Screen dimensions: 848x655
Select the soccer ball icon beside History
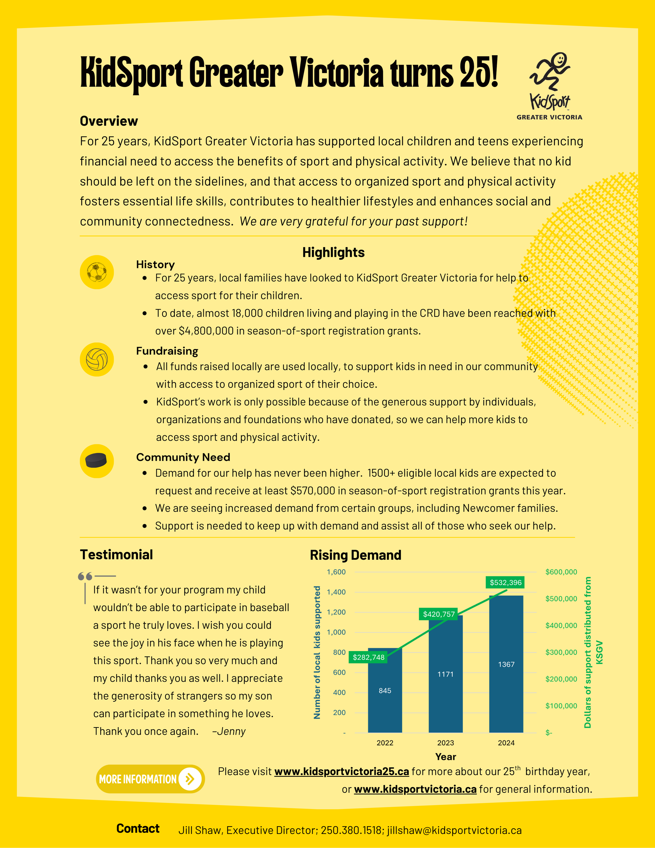pyautogui.click(x=97, y=272)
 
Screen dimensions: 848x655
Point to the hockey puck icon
pyautogui.click(x=96, y=461)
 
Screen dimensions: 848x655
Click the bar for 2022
pyautogui.click(x=385, y=699)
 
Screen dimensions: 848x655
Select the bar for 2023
pyautogui.click(x=445, y=683)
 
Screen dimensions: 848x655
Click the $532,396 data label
pyautogui.click(x=506, y=582)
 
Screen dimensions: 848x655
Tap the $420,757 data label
pyautogui.click(x=439, y=614)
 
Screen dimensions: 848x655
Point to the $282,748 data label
pyautogui.click(x=368, y=657)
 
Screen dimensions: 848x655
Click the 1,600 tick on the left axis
pyautogui.click(x=336, y=572)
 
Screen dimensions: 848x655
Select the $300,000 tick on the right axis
pyautogui.click(x=561, y=652)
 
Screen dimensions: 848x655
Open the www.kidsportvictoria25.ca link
pyautogui.click(x=342, y=771)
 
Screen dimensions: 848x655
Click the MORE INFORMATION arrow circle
pyautogui.click(x=190, y=779)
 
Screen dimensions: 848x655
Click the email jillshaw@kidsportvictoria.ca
pyautogui.click(x=454, y=830)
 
